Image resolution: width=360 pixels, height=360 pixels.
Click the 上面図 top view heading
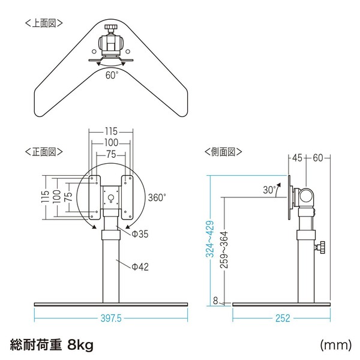click(x=44, y=23)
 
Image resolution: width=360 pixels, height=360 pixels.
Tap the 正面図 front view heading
click(x=44, y=152)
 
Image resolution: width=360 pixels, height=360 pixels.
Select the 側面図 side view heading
click(x=223, y=152)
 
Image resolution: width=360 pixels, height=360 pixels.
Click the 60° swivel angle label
click(x=112, y=75)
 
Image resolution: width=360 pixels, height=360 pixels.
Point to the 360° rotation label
click(x=157, y=197)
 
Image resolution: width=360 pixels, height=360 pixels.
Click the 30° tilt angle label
click(x=269, y=190)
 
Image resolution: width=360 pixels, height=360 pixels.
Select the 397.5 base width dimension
click(x=111, y=318)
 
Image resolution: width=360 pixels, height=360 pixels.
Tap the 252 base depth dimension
click(x=283, y=318)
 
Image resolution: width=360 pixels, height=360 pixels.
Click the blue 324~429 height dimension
click(x=210, y=239)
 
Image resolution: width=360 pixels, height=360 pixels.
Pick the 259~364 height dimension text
click(x=224, y=250)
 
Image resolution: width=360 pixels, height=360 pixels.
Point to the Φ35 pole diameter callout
click(x=140, y=234)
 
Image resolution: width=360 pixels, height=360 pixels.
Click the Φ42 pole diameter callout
click(x=140, y=267)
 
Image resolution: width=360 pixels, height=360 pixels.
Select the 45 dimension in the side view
click(x=297, y=158)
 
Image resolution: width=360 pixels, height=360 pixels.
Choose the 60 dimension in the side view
click(x=318, y=158)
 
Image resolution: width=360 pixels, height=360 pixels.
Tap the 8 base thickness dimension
click(x=215, y=301)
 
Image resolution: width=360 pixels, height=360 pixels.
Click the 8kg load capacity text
click(x=80, y=344)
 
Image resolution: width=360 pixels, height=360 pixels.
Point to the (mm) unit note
click(x=335, y=345)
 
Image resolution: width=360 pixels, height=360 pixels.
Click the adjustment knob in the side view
click(x=320, y=247)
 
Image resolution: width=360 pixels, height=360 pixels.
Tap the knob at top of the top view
click(x=111, y=28)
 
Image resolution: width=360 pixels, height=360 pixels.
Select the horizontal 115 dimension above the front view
click(x=111, y=131)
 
